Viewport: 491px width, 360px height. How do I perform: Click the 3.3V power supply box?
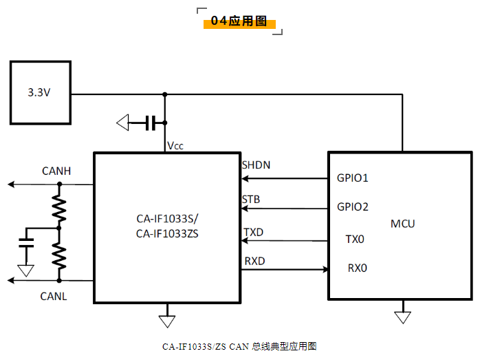40,92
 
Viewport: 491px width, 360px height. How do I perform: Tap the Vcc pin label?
175,146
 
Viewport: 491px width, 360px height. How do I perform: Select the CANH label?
56,171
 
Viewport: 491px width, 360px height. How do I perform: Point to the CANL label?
54,296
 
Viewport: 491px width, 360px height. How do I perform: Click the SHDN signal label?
256,165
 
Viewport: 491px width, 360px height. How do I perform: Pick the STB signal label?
250,200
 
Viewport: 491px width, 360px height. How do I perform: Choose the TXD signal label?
253,233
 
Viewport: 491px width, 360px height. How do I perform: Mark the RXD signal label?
254,261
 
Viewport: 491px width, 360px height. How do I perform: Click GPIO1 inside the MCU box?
353,178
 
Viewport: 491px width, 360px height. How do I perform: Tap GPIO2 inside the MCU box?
353,207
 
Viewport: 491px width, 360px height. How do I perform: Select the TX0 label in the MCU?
355,240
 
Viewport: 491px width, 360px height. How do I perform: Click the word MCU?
403,224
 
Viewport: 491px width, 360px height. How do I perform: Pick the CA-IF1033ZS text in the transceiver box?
167,233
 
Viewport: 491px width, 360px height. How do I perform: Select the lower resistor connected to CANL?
59,255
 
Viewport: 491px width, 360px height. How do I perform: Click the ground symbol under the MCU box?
402,317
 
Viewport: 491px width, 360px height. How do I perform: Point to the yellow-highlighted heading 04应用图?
239,21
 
